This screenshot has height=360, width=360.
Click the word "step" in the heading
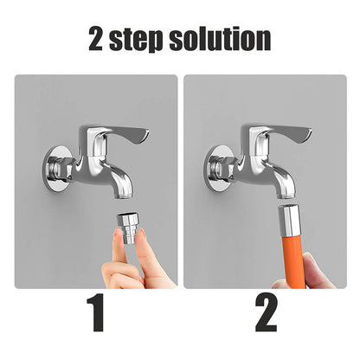click(x=136, y=40)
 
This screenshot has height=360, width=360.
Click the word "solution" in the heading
click(x=220, y=38)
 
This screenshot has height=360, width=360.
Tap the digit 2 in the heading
click(x=96, y=39)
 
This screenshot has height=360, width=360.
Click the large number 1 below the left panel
click(x=95, y=312)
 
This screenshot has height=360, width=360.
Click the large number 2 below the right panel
click(x=267, y=312)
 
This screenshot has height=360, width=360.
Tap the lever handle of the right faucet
click(x=285, y=133)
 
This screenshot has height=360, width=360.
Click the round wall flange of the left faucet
click(x=55, y=169)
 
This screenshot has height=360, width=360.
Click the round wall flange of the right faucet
click(x=217, y=169)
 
